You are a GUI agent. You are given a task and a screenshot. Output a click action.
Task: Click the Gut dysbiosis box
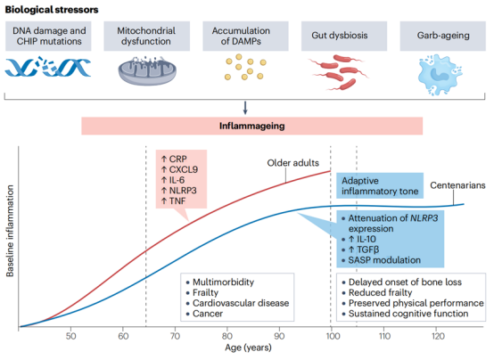[344, 36]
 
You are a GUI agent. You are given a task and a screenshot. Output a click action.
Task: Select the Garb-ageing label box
[443, 36]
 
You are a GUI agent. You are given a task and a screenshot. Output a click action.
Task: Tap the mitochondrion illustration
[147, 70]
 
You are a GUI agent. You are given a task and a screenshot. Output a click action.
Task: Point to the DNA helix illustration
[48, 67]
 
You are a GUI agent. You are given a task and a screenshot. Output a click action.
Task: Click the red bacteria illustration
[339, 72]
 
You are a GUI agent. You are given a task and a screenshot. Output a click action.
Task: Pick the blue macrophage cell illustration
[440, 75]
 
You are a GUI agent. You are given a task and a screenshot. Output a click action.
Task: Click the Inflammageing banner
[252, 126]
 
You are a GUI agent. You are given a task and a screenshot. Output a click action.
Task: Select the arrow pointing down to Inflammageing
[245, 108]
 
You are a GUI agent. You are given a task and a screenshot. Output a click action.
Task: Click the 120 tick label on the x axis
[438, 336]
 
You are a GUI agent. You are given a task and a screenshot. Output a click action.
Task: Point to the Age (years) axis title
[248, 348]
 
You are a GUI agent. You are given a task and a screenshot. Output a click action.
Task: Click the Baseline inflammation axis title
[10, 231]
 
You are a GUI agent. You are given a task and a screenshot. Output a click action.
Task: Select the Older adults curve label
[293, 163]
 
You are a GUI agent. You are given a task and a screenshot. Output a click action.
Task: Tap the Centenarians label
[457, 185]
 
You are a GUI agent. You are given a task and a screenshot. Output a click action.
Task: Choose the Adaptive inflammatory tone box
[380, 185]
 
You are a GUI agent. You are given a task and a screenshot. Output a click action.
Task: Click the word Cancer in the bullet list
[208, 314]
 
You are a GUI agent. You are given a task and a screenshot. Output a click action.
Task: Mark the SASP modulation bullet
[382, 260]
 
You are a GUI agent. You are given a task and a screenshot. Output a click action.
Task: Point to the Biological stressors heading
[52, 10]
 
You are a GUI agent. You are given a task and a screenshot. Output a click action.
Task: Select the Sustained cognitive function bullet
[406, 314]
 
